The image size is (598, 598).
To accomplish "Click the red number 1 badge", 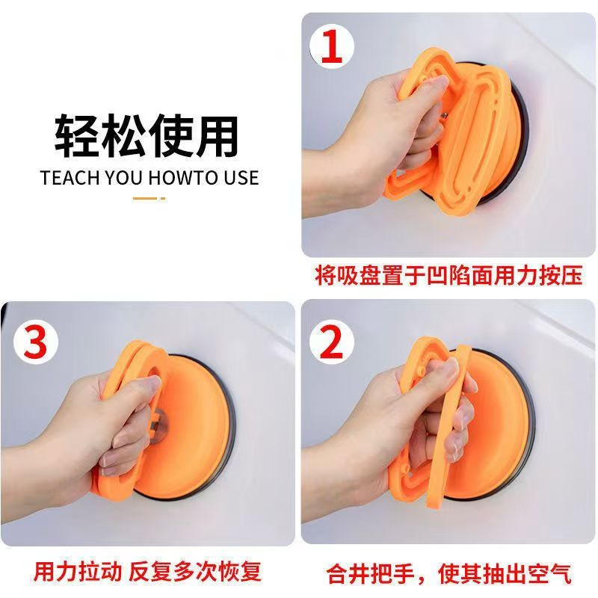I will (x=332, y=46).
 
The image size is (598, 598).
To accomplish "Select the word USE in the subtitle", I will (x=238, y=178).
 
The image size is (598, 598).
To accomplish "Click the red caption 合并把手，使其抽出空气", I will (x=449, y=573).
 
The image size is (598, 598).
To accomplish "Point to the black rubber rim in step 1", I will (x=516, y=149).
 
